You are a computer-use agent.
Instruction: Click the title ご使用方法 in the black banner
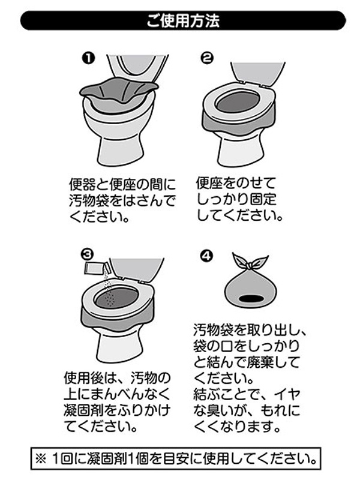(x=183, y=21)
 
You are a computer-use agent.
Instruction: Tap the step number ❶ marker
(x=88, y=58)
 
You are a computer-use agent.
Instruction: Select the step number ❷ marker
(x=207, y=58)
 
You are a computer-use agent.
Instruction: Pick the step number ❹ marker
(x=207, y=256)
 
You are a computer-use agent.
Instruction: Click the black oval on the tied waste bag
(x=251, y=298)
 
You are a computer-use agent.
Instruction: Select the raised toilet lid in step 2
(x=258, y=73)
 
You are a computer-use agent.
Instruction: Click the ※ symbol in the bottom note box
(x=41, y=458)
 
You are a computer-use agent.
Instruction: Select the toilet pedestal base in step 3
(x=120, y=346)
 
